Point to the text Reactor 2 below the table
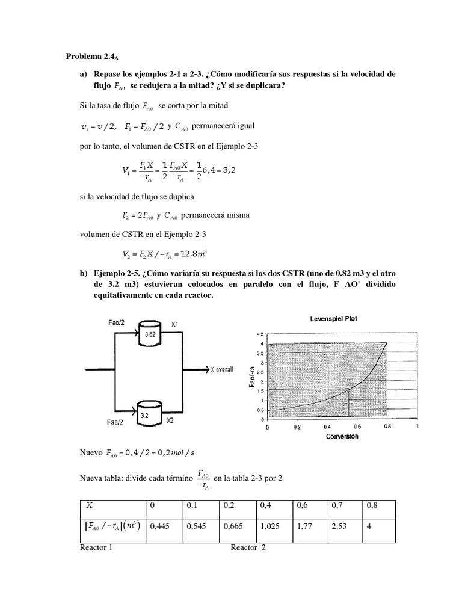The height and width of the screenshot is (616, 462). click(x=248, y=547)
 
